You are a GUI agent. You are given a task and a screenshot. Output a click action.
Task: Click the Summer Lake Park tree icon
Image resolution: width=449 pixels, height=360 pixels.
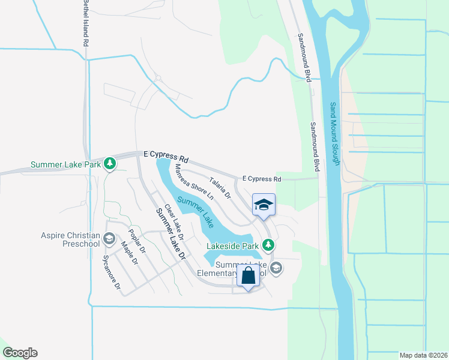click(109, 163)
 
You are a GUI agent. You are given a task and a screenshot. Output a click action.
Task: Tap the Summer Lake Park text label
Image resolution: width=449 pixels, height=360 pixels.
click(65, 164)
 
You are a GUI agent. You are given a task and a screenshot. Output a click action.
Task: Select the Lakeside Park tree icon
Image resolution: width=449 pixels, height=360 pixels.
click(270, 245)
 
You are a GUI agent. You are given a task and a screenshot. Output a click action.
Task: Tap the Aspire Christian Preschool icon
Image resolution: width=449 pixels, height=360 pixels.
click(109, 239)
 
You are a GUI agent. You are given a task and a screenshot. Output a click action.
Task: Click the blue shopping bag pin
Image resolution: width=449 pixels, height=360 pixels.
click(249, 277)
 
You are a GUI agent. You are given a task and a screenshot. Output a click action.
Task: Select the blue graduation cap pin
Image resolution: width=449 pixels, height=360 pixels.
click(264, 205)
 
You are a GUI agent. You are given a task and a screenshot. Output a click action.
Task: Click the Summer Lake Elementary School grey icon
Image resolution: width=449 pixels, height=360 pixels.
click(276, 268)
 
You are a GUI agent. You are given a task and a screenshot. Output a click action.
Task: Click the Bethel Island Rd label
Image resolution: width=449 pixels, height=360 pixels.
click(85, 24)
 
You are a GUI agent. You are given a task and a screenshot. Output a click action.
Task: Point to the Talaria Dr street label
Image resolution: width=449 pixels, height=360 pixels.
click(220, 187)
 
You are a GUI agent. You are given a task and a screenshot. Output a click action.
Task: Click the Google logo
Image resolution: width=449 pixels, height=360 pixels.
click(19, 353)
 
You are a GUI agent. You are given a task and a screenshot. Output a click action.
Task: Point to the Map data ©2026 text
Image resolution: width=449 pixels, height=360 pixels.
click(424, 355)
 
